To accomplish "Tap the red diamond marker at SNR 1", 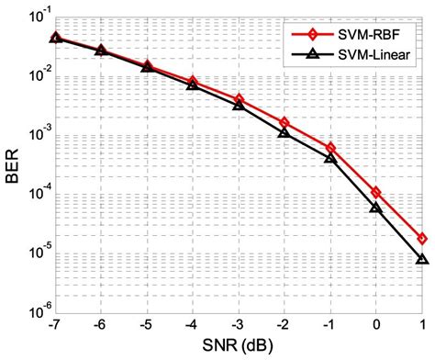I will pos(421,238).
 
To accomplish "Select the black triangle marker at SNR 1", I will pos(421,260).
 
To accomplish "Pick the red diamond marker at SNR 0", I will pos(376,192).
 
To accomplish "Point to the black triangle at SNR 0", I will pos(376,208).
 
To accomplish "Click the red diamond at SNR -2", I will pos(284,122).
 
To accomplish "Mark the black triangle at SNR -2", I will pos(284,133).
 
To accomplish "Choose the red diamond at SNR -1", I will pos(330,148).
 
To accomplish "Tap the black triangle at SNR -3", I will pos(239,105).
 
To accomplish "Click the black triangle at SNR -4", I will pos(193,84).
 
